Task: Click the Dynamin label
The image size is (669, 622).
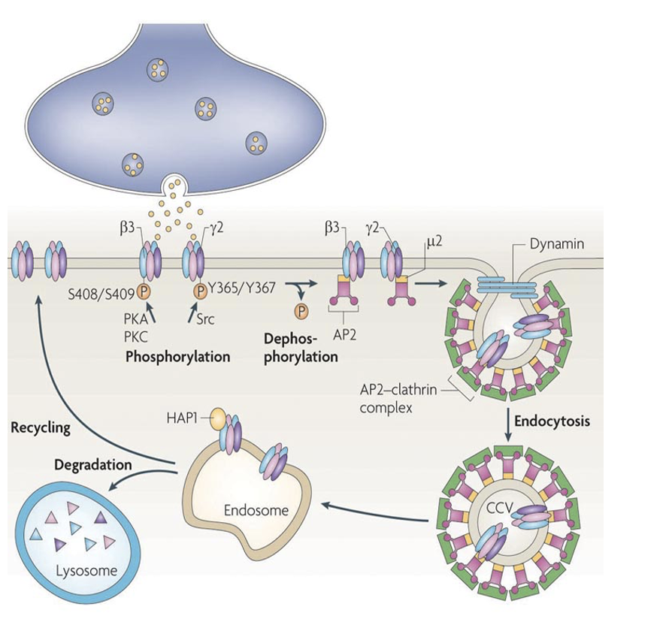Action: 553,243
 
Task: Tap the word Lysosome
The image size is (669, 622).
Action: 87,571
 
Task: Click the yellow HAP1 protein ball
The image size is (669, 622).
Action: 216,416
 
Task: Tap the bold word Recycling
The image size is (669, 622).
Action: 41,428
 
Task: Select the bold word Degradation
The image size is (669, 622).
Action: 93,465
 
